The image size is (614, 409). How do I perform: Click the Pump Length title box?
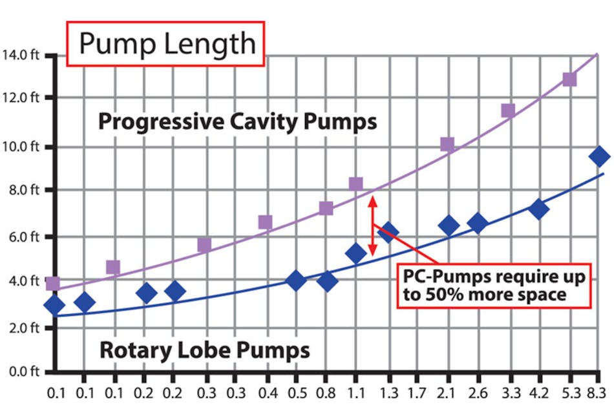(167, 44)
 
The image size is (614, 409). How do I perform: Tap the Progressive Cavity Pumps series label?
(237, 121)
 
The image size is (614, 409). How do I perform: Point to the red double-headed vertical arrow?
(372, 226)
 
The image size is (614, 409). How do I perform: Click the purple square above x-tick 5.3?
(569, 79)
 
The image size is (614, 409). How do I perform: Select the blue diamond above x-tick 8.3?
(599, 156)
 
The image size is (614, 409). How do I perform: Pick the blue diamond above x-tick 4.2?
(538, 209)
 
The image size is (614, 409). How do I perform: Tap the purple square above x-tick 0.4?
(265, 222)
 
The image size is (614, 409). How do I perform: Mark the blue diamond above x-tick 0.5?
(295, 281)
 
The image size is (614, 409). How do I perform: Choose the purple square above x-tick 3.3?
(508, 110)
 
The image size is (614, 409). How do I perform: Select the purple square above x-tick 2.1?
(447, 144)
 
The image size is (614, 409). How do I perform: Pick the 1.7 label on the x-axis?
(418, 392)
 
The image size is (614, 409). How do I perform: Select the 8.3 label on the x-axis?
(599, 392)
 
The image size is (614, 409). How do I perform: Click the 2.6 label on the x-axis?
(478, 392)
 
